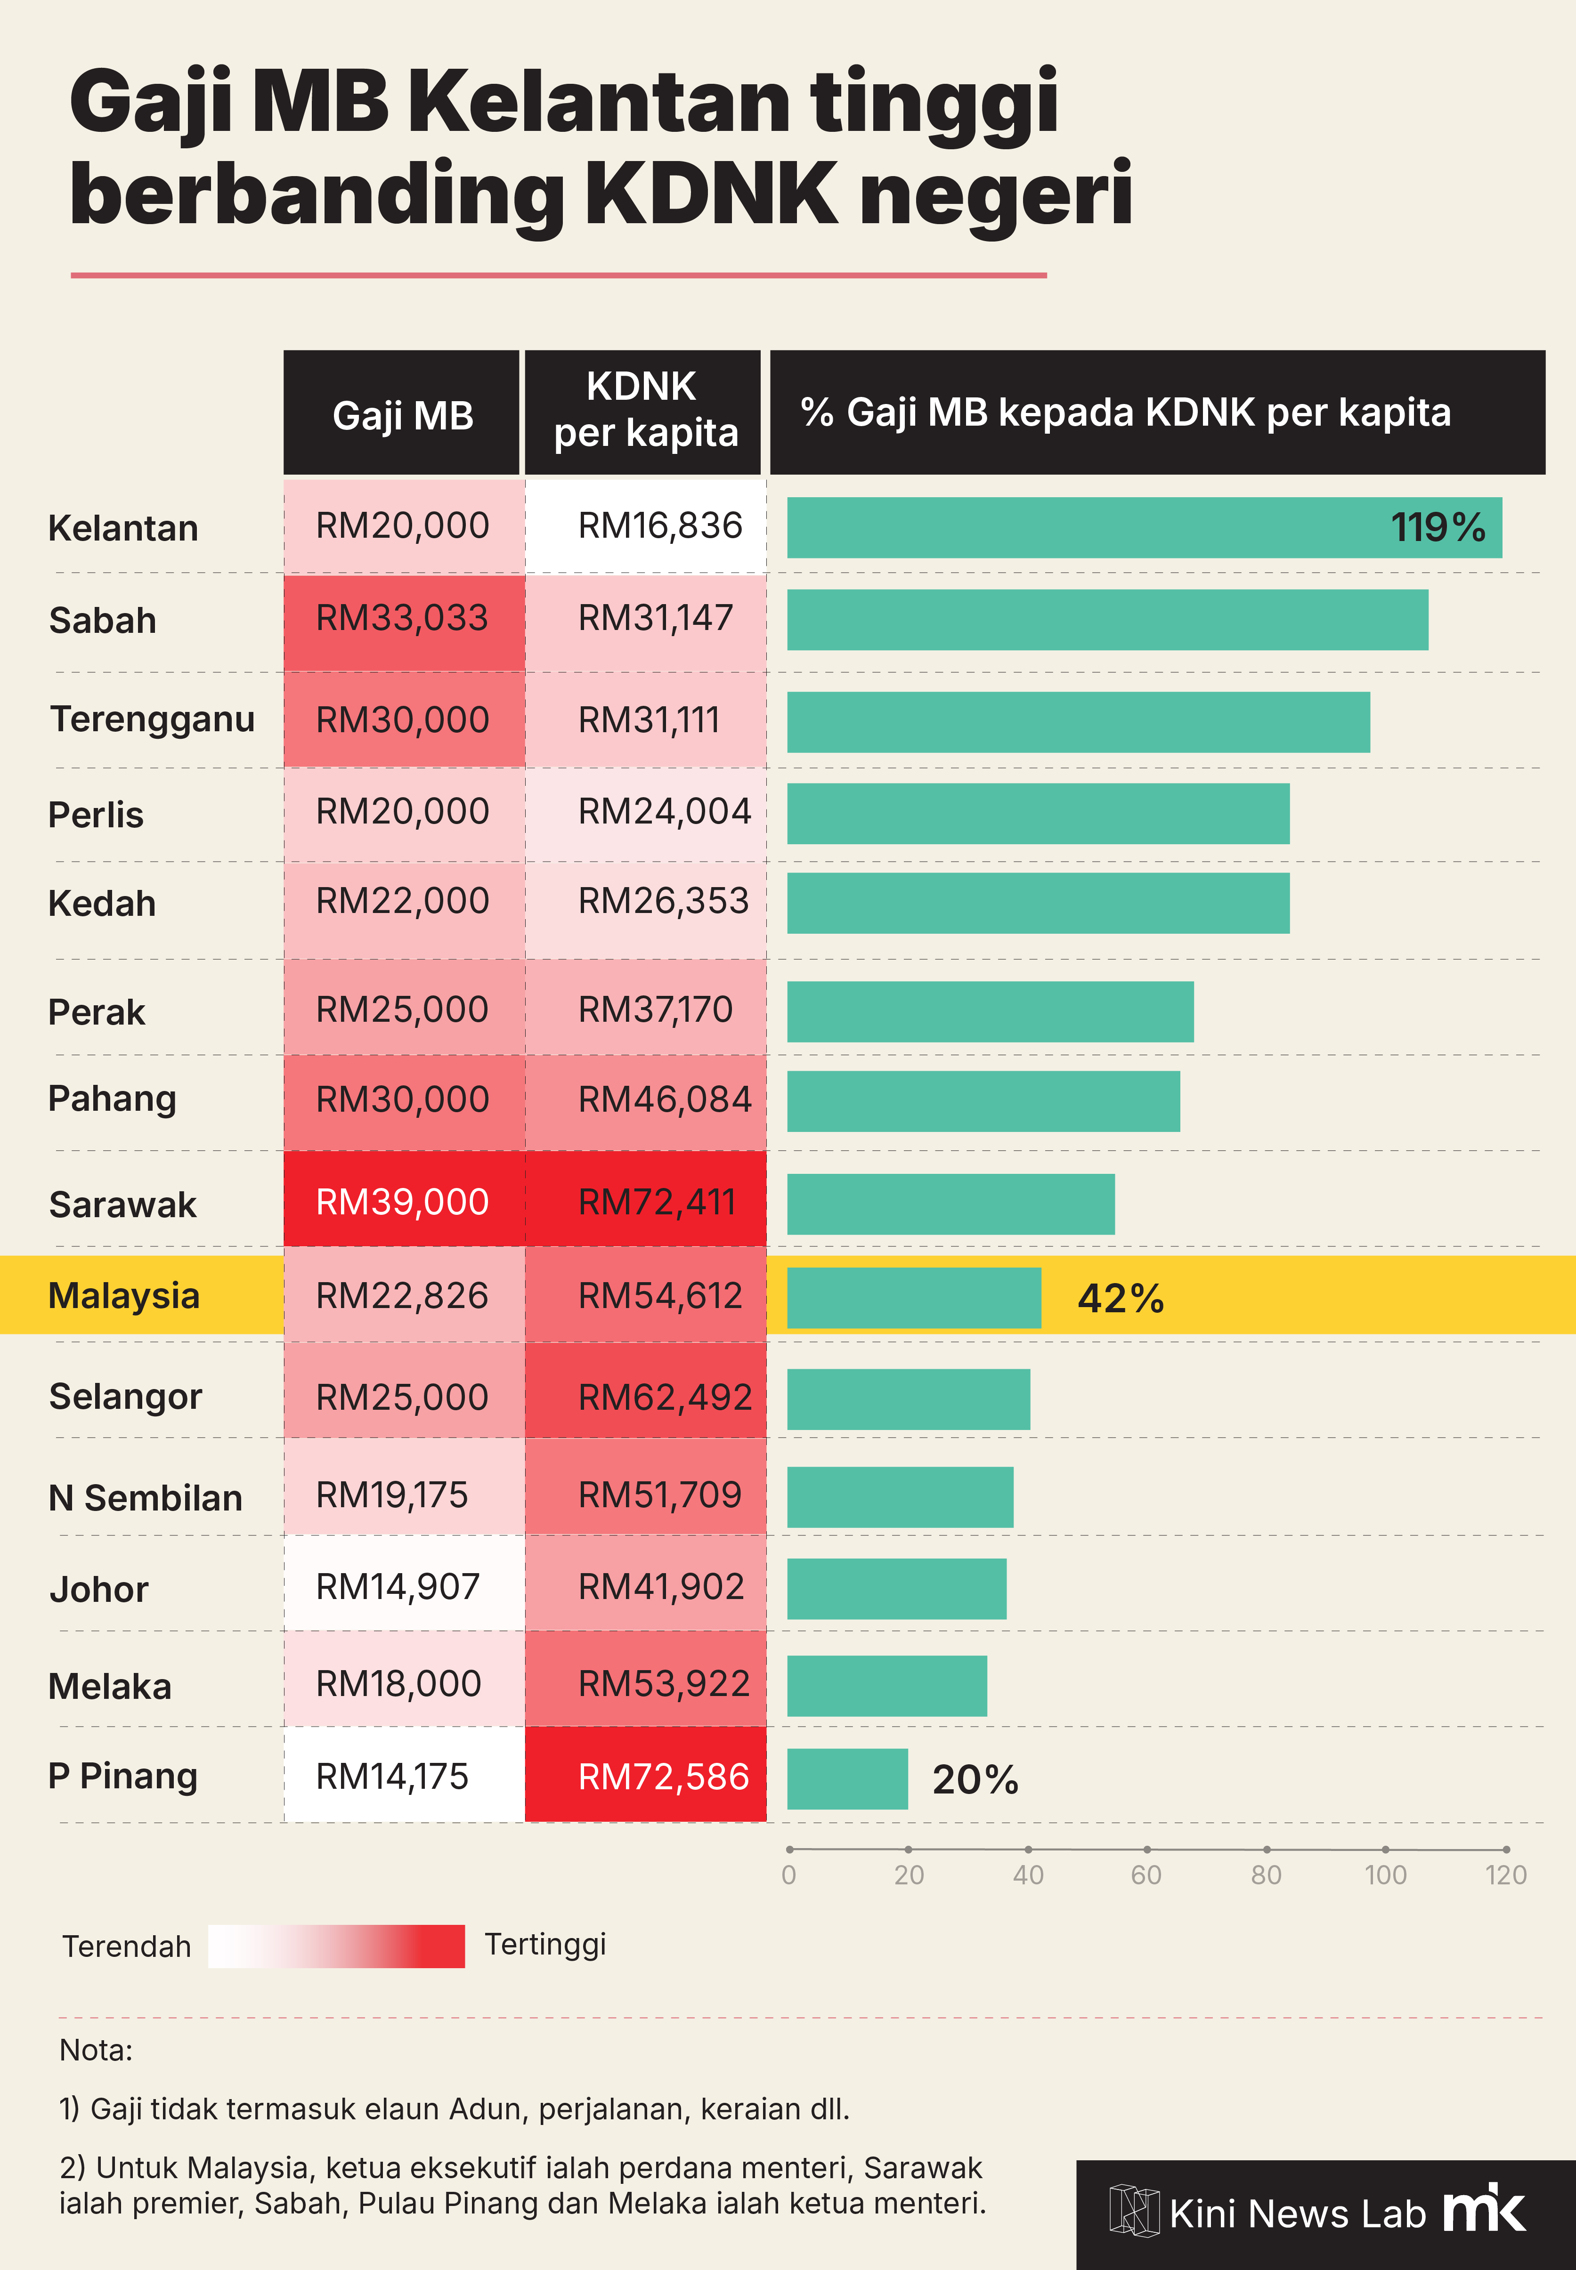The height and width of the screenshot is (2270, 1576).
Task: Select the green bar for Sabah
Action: click(1107, 620)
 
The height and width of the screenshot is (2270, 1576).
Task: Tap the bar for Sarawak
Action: click(950, 1204)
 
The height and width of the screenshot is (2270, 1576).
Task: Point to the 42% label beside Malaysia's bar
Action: click(1120, 1299)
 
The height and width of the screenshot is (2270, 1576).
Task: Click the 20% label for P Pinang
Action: click(975, 1779)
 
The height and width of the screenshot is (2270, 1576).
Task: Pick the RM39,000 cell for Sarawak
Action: click(403, 1201)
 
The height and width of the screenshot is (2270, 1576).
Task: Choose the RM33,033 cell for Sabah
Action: click(403, 618)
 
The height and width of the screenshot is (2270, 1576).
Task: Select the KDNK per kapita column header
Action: click(644, 411)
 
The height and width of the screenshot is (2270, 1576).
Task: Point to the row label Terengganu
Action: click(152, 719)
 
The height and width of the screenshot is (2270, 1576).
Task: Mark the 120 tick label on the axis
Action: click(1505, 1874)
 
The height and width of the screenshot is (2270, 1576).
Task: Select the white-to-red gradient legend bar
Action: click(336, 1945)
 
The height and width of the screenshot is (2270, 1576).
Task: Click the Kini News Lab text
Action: click(1297, 2214)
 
